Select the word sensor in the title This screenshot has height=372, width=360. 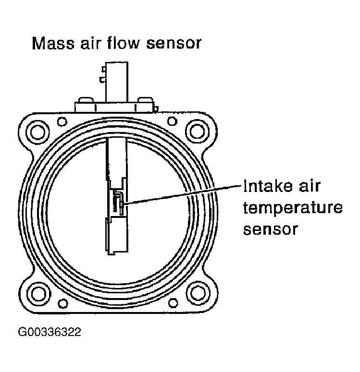click(x=175, y=44)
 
